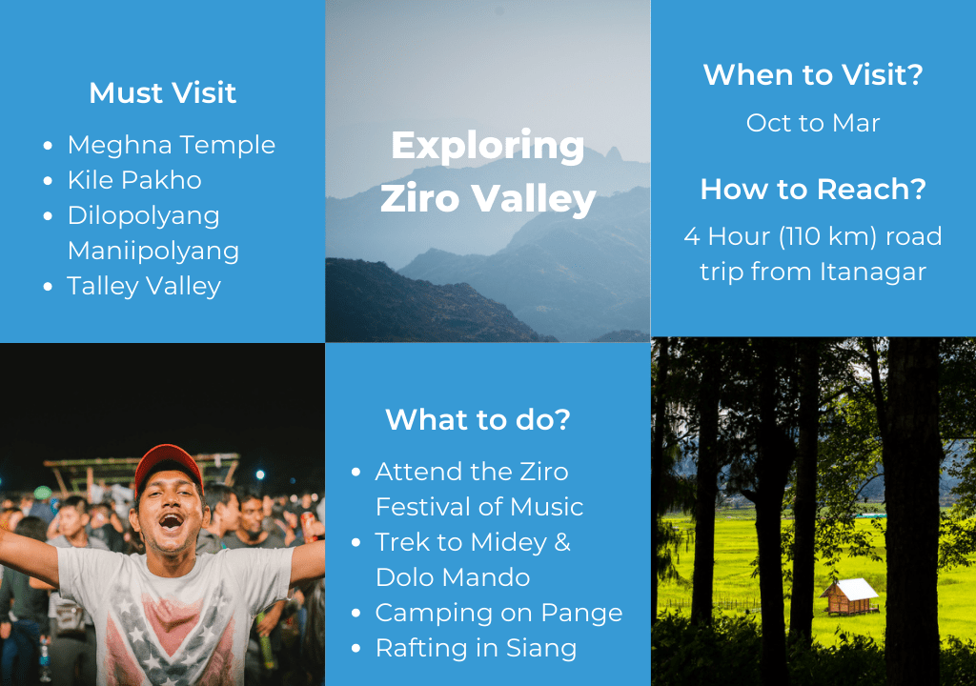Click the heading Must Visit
coord(162,93)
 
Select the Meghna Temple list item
coord(172,145)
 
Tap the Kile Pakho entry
coord(134,180)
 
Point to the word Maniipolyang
coord(153,251)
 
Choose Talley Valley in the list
coord(144,287)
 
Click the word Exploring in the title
coord(488,147)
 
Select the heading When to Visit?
coord(813,74)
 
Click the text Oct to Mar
coord(813,123)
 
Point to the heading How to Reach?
coord(813,190)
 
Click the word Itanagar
coord(873,272)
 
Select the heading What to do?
coord(478,419)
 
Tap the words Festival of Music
coord(479,507)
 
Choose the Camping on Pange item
coord(498,614)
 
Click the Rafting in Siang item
coord(477,649)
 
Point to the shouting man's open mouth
coord(170,520)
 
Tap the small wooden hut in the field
coord(849,596)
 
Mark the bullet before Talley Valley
coord(48,287)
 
